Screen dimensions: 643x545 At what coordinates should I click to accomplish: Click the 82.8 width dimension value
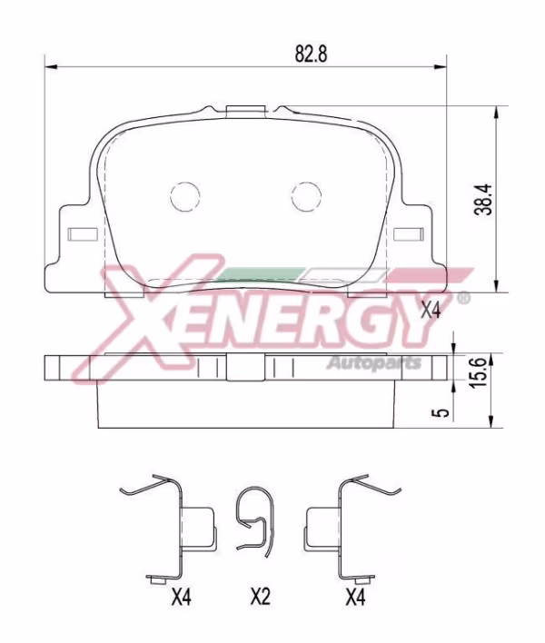click(x=310, y=53)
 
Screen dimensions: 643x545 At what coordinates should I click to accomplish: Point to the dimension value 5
click(x=442, y=411)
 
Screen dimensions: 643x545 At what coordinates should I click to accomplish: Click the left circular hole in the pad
click(x=185, y=194)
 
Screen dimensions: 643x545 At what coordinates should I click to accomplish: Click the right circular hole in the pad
click(x=306, y=194)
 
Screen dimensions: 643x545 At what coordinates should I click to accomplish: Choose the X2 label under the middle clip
click(x=261, y=597)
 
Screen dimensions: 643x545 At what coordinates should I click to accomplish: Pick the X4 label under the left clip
click(x=180, y=597)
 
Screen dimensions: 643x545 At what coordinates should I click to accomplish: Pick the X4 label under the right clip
click(x=356, y=597)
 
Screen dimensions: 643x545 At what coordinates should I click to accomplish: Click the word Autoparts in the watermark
click(x=373, y=364)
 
